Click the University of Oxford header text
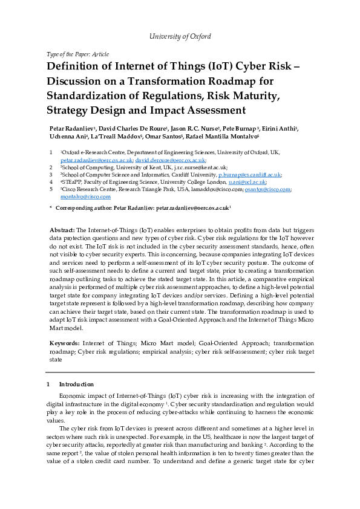(180, 36)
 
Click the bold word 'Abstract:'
(62, 231)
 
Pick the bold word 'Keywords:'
(64, 343)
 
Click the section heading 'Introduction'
(76, 384)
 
